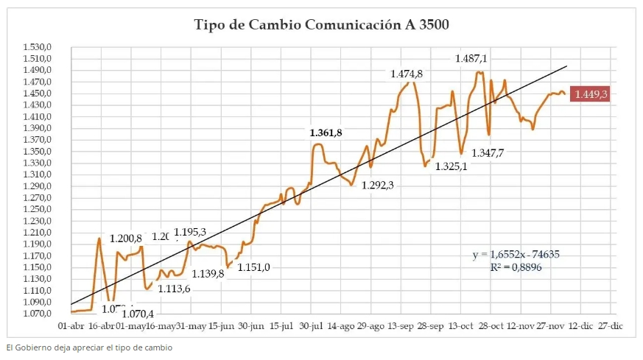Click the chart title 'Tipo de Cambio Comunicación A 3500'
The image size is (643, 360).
coord(321,25)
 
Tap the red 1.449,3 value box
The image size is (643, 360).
coord(591,94)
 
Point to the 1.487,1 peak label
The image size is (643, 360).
coord(471,59)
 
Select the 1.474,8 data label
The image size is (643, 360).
coord(407,74)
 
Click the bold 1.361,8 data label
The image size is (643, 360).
coord(326,133)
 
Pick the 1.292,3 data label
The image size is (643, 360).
coord(377,186)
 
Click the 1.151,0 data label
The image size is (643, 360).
coord(253,267)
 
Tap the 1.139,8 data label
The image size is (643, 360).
coord(208,274)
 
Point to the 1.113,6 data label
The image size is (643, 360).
coord(174,289)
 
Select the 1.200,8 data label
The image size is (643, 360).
coord(125,239)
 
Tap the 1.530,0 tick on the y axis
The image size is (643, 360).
coord(40,46)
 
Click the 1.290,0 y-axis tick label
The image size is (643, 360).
coord(40,186)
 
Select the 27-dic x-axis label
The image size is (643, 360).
coord(611,325)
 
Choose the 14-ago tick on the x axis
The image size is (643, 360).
coord(342,325)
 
